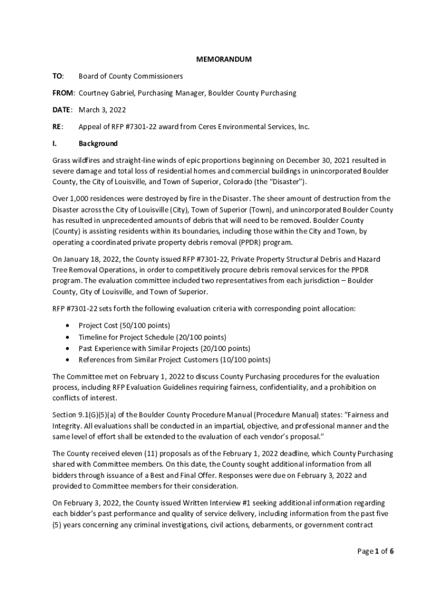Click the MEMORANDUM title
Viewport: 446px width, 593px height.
223,59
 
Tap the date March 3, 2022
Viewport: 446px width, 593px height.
103,109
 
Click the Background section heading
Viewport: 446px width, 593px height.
98,143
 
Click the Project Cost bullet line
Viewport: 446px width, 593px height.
124,325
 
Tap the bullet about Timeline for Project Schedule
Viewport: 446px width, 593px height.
152,337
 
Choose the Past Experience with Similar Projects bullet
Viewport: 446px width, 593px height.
164,348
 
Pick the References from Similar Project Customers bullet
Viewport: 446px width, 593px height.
174,360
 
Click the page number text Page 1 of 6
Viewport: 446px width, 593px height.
375,551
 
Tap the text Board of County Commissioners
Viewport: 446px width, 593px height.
131,76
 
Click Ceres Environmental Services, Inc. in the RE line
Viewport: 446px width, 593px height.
251,126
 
